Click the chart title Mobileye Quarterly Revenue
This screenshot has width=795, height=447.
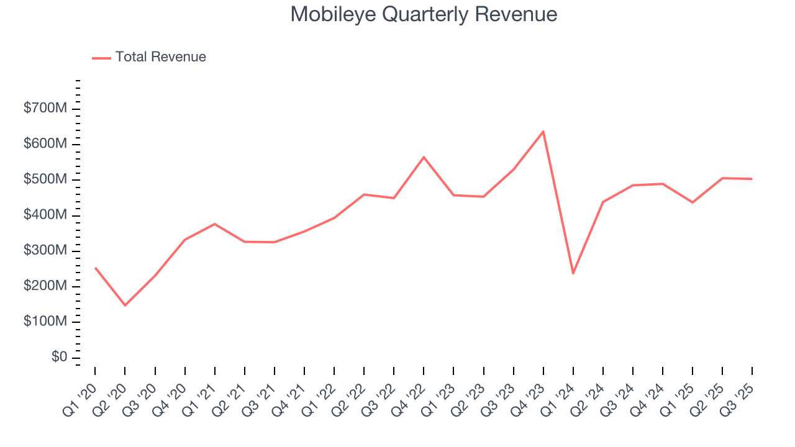[x=424, y=15]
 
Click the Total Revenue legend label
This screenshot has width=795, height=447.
[x=160, y=57]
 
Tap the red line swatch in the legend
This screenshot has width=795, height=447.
[x=101, y=58]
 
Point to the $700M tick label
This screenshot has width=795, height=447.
[x=45, y=109]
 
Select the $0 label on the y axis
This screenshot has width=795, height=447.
[x=60, y=357]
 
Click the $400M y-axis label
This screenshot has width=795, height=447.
[x=45, y=215]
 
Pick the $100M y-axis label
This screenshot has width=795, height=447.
[x=45, y=322]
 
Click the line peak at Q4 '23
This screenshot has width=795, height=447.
[x=543, y=132]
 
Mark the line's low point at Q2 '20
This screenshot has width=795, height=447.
[x=125, y=305]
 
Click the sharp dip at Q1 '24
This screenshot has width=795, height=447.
[x=573, y=273]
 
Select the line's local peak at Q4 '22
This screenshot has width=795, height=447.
[x=424, y=157]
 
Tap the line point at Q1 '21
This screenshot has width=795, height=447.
[x=214, y=223]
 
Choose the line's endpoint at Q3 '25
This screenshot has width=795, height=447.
[x=752, y=179]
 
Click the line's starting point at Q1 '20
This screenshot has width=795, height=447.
[x=95, y=268]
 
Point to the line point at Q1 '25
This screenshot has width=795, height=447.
[x=693, y=202]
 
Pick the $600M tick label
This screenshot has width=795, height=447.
[x=45, y=144]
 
